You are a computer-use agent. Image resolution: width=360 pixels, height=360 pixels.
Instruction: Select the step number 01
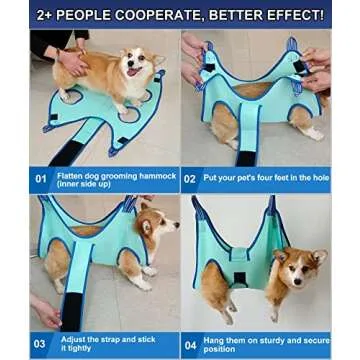point(41,179)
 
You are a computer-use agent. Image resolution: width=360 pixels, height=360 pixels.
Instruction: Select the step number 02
point(190,179)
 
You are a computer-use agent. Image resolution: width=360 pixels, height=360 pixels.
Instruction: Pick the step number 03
point(41,343)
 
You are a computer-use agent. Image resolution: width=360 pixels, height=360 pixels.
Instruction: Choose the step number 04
point(190,343)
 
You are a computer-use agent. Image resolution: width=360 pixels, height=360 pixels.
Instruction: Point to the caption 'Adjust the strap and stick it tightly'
point(100,343)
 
